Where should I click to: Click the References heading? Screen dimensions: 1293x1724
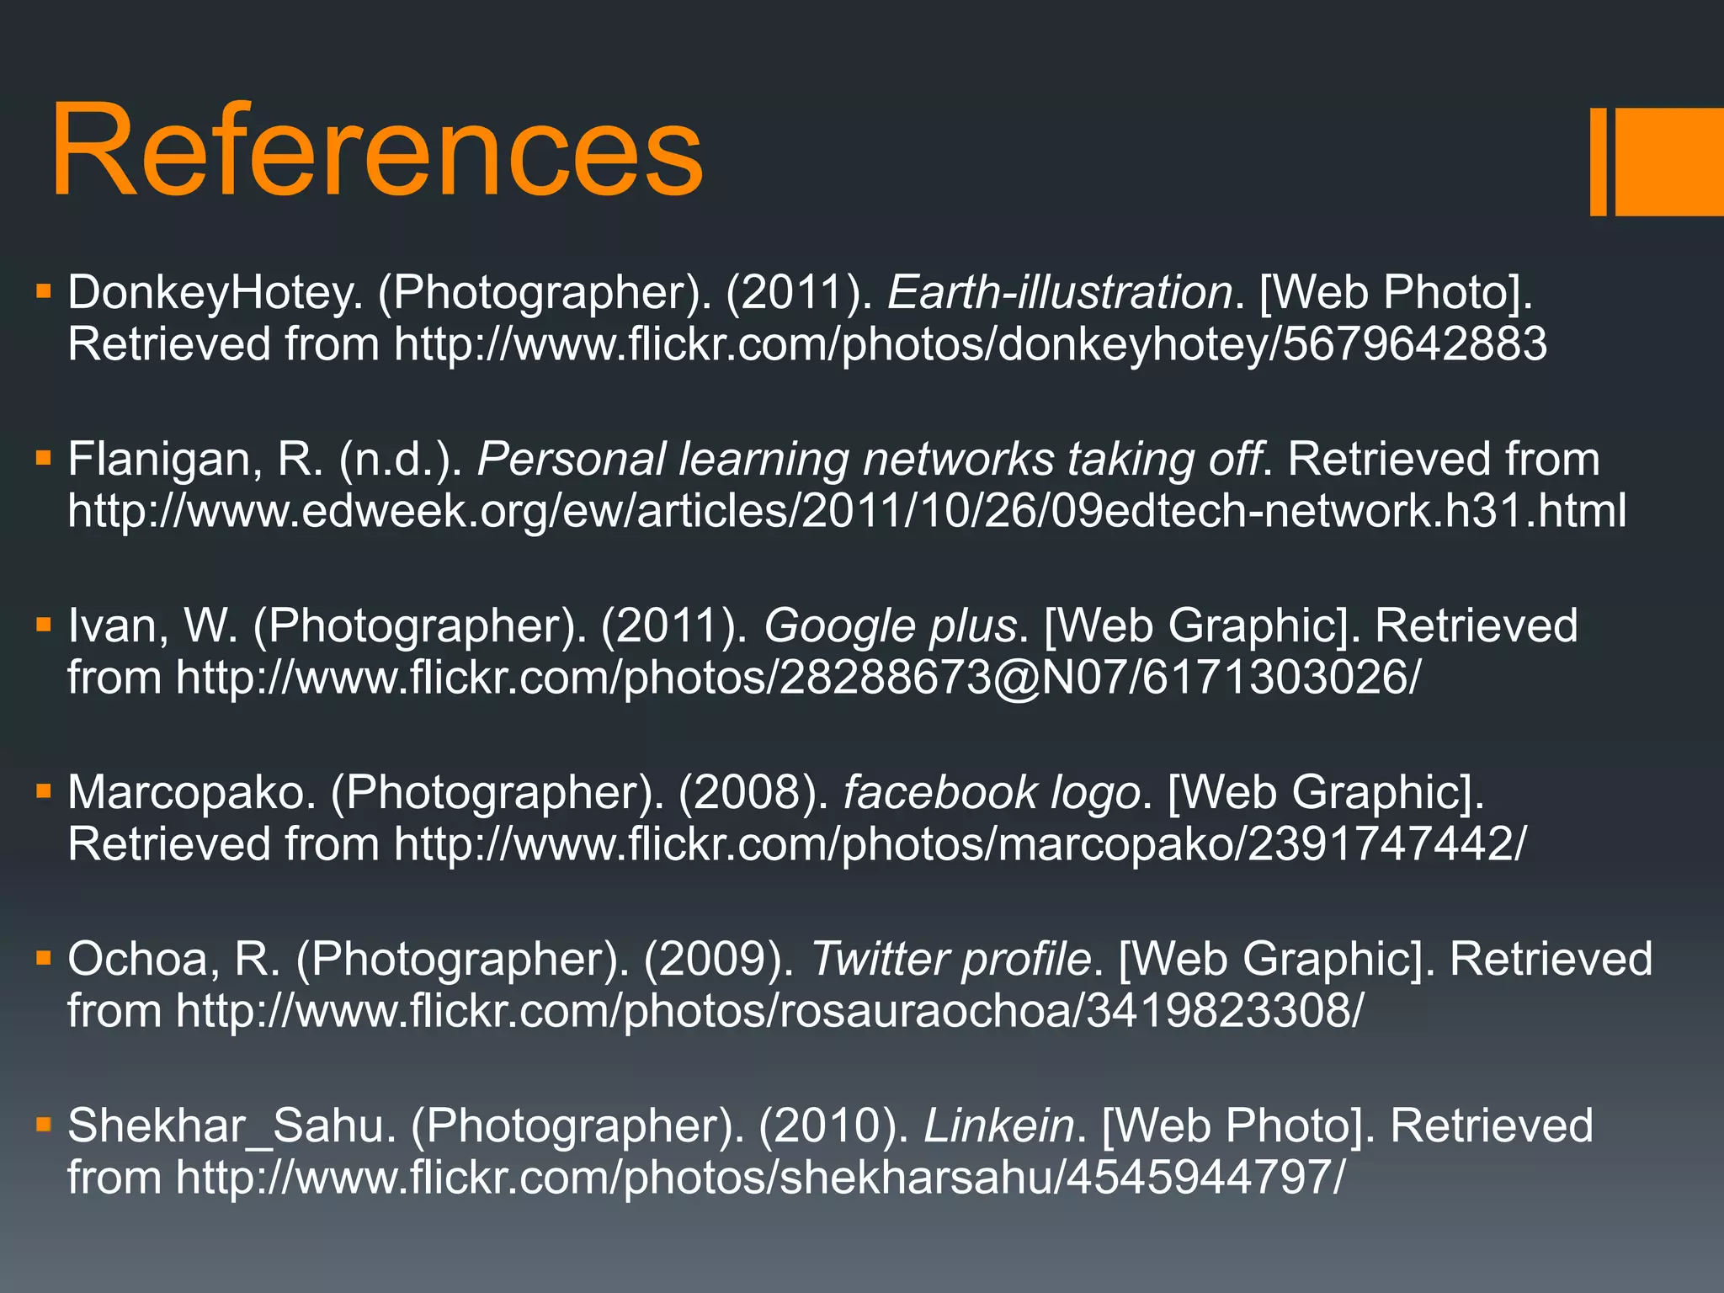pyautogui.click(x=376, y=152)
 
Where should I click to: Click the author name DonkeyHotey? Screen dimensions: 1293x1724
pyautogui.click(x=215, y=293)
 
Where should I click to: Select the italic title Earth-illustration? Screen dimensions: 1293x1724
pyautogui.click(x=1060, y=293)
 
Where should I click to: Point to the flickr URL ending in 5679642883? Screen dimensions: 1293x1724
pyautogui.click(x=971, y=345)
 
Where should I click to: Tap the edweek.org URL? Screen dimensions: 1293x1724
pyautogui.click(x=847, y=512)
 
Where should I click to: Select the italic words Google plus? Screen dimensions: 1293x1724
pyautogui.click(x=891, y=626)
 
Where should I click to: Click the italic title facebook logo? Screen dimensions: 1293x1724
pyautogui.click(x=992, y=793)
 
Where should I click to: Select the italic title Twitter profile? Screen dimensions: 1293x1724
pyautogui.click(x=951, y=960)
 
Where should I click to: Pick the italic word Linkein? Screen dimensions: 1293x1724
pyautogui.click(x=999, y=1126)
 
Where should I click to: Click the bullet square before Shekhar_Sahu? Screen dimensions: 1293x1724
pyautogui.click(x=45, y=1124)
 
